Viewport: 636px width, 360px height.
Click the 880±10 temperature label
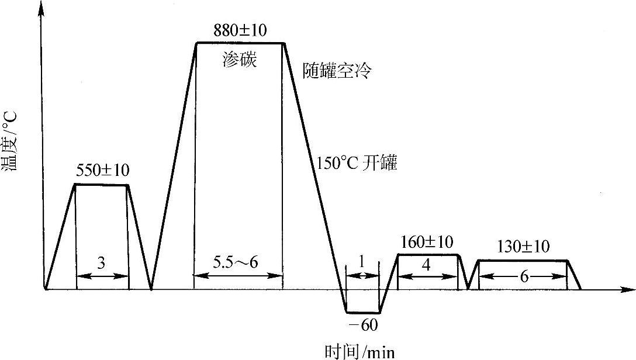[240, 28]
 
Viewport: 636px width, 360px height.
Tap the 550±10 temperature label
[102, 170]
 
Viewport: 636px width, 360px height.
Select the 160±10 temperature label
[427, 241]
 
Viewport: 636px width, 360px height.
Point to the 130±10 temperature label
[523, 247]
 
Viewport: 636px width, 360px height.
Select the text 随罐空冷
[338, 71]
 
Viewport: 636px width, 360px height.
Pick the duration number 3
[102, 264]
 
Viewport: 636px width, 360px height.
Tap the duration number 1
[362, 264]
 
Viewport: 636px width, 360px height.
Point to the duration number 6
[523, 278]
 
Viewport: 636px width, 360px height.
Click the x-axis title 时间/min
[358, 352]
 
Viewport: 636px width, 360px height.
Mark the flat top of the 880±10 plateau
[240, 43]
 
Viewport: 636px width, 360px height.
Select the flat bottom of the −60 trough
[363, 313]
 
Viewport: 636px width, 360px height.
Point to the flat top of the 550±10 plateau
[102, 185]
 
